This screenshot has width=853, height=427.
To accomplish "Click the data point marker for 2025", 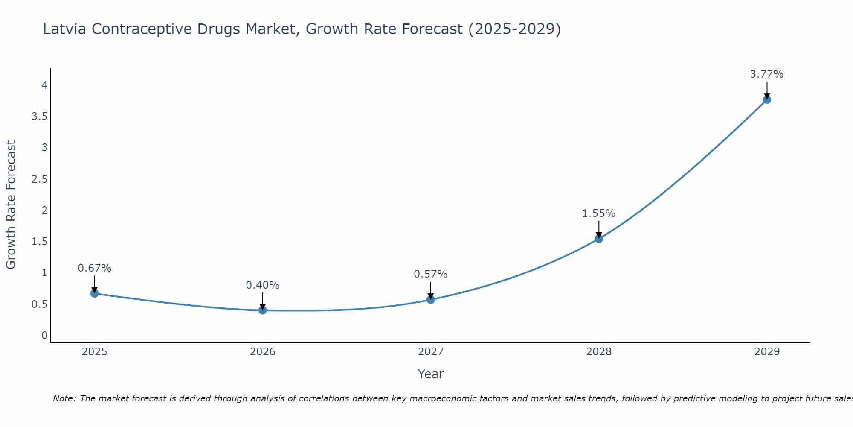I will [x=94, y=293].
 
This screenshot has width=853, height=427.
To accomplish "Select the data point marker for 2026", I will [x=263, y=310].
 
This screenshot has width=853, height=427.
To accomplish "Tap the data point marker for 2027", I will [x=431, y=300].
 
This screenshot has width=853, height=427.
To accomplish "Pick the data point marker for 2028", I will [x=599, y=239].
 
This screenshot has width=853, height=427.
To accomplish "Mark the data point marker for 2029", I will [x=767, y=99].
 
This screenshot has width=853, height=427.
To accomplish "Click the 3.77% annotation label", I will [x=767, y=74].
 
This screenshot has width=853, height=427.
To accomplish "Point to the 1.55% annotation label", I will [x=599, y=213].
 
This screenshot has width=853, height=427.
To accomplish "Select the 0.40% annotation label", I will [x=263, y=285].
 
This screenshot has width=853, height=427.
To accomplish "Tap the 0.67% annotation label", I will [x=94, y=268].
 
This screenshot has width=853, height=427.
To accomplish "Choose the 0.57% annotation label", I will [x=431, y=274].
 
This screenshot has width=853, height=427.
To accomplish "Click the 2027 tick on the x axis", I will [x=431, y=352].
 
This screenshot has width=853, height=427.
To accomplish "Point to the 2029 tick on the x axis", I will [x=767, y=352].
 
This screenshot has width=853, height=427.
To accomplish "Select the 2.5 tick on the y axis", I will [x=40, y=179].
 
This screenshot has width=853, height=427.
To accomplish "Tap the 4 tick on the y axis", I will [x=44, y=85].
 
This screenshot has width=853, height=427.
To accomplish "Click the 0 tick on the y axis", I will [x=44, y=336].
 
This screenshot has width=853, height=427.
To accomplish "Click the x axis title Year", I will [x=431, y=374].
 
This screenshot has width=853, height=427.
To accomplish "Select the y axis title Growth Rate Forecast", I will [x=11, y=205].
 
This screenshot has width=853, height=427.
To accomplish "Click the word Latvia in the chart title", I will [x=65, y=29].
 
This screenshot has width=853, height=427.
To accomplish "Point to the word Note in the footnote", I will [x=64, y=398].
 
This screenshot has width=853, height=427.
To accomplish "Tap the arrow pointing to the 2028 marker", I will [x=599, y=229].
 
